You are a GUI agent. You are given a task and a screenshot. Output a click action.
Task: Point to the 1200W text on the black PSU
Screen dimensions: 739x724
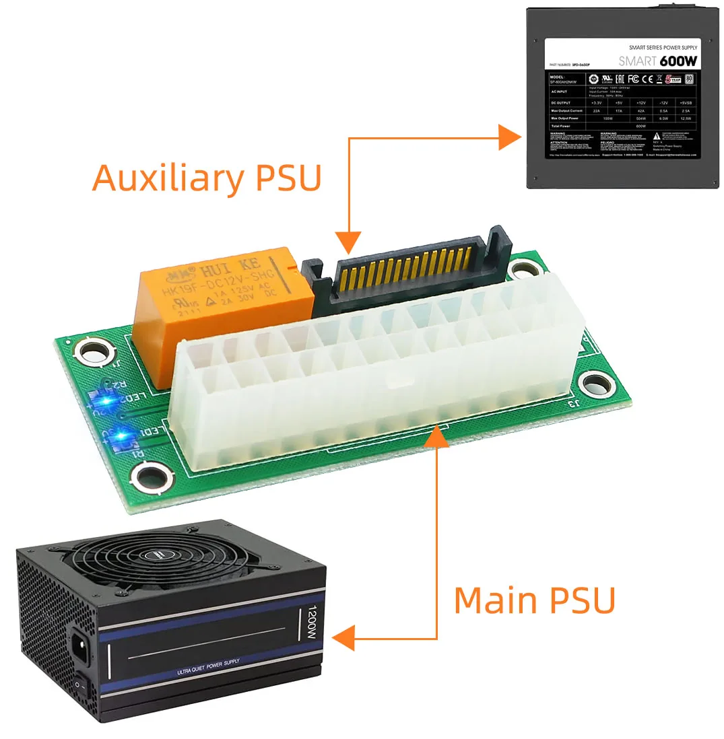pos(311,624)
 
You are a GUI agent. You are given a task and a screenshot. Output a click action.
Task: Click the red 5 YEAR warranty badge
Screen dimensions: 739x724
pos(672,79)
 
